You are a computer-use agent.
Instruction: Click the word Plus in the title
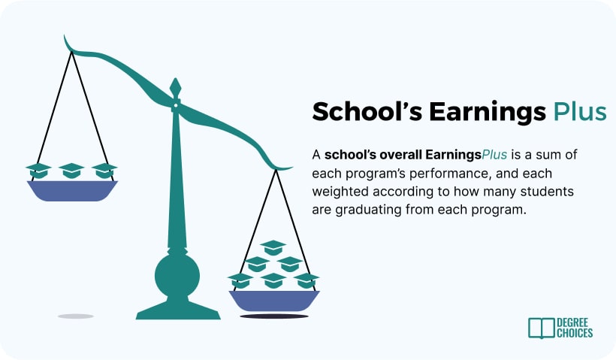point(580,112)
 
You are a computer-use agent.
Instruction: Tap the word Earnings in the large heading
point(488,113)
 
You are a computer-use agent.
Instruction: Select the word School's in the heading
point(367,112)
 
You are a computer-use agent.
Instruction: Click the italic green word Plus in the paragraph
point(494,155)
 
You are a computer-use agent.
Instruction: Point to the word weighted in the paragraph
point(340,192)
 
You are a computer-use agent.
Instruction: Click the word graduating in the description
point(368,210)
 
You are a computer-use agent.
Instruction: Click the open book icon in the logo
point(542,328)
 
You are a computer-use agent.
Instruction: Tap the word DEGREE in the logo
point(572,323)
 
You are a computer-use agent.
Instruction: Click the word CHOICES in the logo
point(575,333)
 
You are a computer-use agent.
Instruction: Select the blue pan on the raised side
point(72,191)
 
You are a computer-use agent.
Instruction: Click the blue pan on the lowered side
point(274,301)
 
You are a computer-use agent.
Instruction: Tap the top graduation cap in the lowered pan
point(273,247)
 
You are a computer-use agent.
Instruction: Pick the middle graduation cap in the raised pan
point(71,171)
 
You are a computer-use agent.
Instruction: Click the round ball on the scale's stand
point(177,276)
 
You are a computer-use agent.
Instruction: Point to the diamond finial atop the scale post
point(175,88)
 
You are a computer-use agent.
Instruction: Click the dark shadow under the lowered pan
point(274,316)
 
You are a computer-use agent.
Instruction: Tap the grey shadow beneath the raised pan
point(75,316)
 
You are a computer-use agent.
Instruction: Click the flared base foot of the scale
point(178,310)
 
